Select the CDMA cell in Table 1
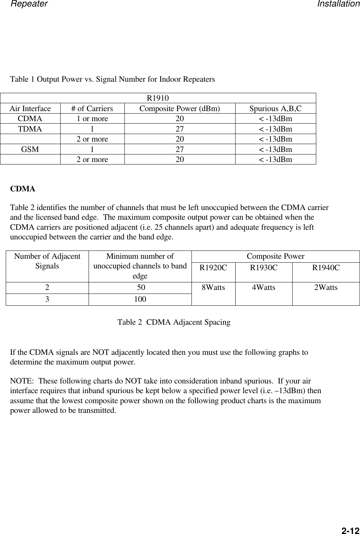30,119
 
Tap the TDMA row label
30,129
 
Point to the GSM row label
30,149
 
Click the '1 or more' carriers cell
92,119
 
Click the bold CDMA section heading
23,189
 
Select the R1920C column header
213,267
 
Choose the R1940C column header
326,267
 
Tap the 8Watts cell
213,287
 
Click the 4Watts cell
264,287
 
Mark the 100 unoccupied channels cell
140,299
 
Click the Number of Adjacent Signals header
47,261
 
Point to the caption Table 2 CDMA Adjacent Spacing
174,322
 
